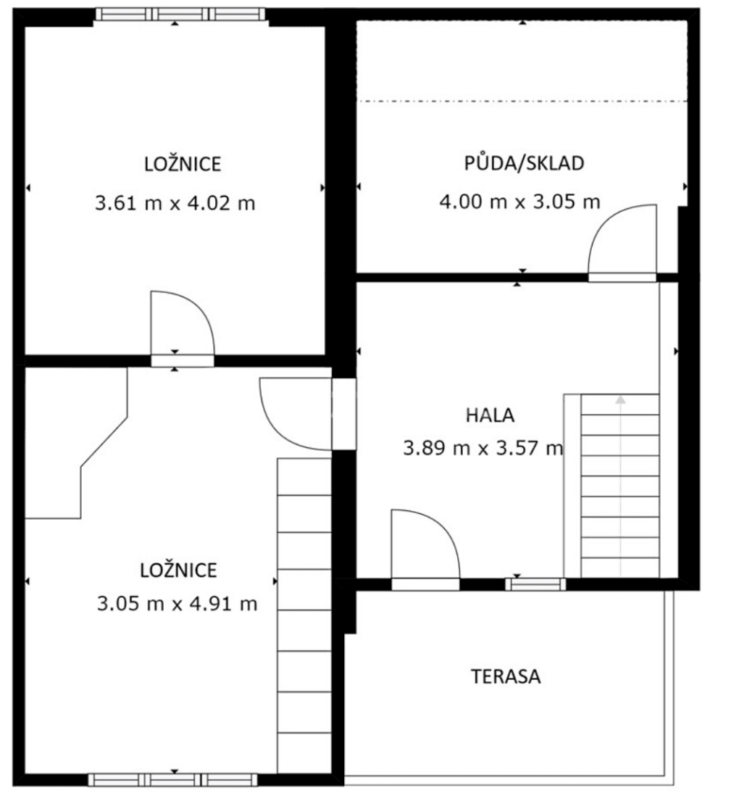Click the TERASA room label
(506, 677)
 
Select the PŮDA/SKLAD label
(524, 163)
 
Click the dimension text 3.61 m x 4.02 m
(175, 203)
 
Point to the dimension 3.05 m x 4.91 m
(177, 603)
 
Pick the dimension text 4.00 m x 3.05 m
(520, 201)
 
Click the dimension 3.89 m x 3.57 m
(483, 449)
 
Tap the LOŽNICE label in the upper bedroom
(183, 165)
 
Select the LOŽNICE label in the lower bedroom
(179, 570)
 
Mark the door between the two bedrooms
(181, 326)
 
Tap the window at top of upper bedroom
(180, 14)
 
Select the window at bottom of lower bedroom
(172, 780)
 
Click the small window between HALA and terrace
(535, 583)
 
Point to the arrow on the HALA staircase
(620, 399)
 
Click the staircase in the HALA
(619, 486)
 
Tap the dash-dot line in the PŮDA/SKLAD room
(522, 101)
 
